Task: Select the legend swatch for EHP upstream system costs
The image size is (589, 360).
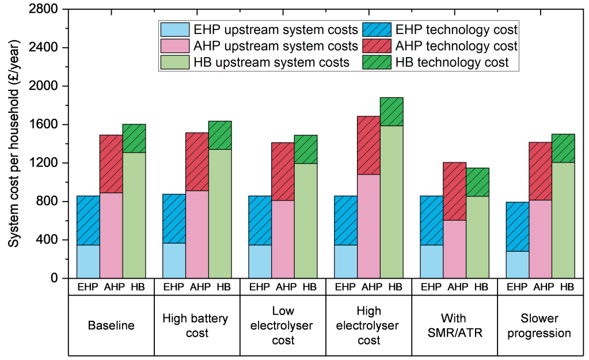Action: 175,29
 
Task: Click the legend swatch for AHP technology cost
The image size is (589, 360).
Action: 377,46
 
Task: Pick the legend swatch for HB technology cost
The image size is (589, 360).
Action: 377,62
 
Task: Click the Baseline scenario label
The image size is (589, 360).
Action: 111,325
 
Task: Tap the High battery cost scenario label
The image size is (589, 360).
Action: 196,325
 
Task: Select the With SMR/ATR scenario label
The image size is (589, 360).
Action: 454,325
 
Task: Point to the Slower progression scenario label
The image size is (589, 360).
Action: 539,325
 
